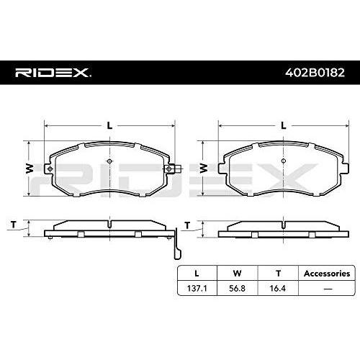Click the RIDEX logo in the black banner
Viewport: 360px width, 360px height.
53,73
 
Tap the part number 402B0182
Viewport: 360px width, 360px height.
315,73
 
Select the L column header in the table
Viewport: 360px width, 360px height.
197,274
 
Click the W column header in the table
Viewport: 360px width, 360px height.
237,274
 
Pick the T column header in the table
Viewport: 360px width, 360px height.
278,274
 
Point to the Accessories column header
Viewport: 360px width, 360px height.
327,274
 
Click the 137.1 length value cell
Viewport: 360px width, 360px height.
197,288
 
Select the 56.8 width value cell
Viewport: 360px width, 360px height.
237,288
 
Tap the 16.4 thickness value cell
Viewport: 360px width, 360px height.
278,288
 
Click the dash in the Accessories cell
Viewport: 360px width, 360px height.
328,289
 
